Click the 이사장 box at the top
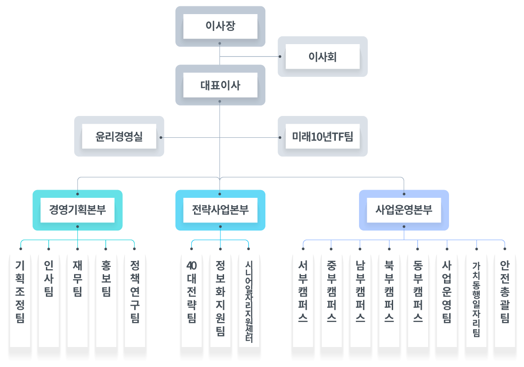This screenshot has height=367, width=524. coord(220,26)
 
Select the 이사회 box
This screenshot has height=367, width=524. coord(323,56)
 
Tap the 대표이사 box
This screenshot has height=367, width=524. coord(220,85)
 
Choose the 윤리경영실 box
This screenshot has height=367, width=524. coord(119,136)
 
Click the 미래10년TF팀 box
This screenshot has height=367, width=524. coord(323,136)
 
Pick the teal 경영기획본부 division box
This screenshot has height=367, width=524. coord(77,210)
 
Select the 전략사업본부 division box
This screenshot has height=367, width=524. coord(220,210)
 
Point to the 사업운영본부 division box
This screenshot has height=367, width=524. coord(404,210)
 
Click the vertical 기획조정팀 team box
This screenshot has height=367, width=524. coord(20,300)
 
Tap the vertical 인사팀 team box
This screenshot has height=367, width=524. coord(49,300)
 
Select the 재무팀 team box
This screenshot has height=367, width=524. coord(77,300)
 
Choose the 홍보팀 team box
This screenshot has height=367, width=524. coord(106,300)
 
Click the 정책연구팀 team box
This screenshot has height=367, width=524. coord(135,300)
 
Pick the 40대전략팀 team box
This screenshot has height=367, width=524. coord(191,300)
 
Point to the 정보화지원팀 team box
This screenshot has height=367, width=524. coord(220,300)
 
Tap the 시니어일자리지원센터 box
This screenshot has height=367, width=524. coord(249,300)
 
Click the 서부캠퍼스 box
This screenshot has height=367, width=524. coord(303,300)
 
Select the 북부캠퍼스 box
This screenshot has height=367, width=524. coord(389,300)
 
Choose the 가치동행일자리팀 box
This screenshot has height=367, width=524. coord(476,300)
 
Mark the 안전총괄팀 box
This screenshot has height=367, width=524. coord(505,300)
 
